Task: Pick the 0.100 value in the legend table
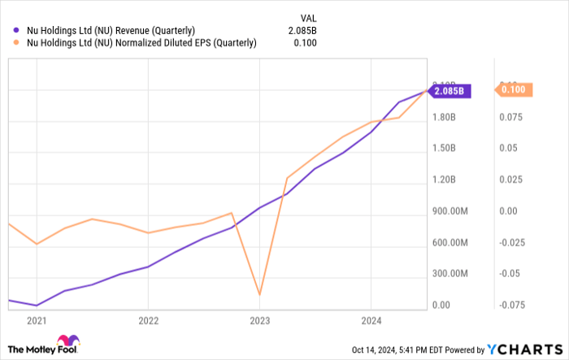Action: [x=306, y=43]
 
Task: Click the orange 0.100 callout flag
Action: [x=515, y=90]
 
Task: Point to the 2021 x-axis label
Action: [x=36, y=320]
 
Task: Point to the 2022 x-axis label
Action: [x=147, y=320]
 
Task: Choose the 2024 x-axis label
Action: [x=371, y=320]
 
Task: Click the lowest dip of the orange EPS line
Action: [x=259, y=294]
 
